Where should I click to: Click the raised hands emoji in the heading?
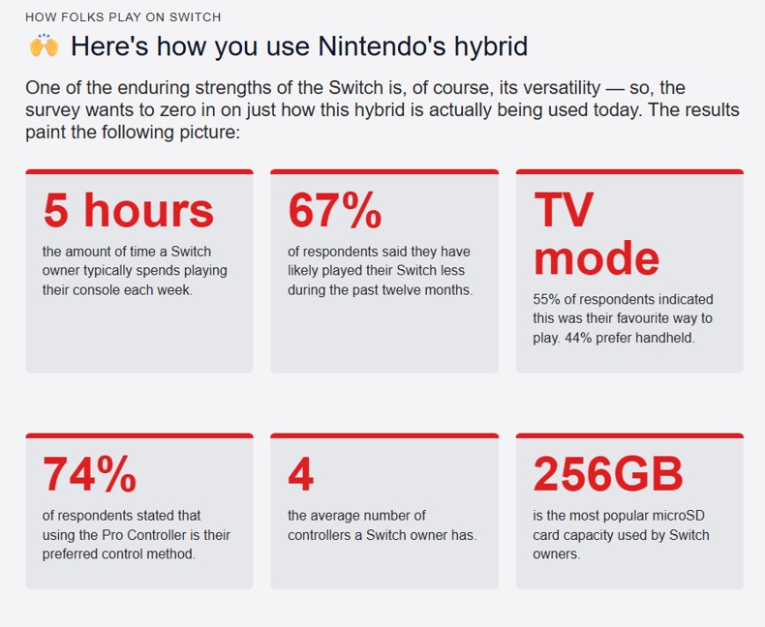[44, 45]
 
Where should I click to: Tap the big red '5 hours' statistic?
[129, 210]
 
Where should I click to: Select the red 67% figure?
[335, 210]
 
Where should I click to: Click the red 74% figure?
[90, 474]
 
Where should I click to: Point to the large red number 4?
[300, 474]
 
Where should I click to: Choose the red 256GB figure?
[608, 474]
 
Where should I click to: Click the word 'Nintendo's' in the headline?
[382, 46]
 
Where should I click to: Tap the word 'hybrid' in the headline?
[491, 47]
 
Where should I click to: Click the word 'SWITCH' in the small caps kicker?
[196, 17]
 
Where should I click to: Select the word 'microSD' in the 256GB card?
[679, 516]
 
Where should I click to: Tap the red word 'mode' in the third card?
[597, 258]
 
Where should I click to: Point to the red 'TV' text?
[564, 210]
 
